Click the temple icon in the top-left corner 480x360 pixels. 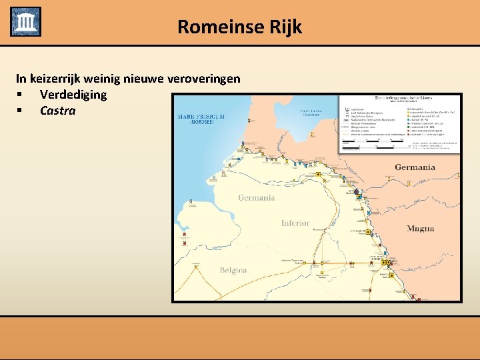[25, 21]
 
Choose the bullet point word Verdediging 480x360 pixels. [73, 95]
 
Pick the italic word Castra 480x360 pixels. [58, 111]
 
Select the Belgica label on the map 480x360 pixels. [233, 270]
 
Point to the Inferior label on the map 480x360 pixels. [295, 223]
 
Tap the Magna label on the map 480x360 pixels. [421, 229]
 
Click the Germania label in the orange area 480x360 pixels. [415, 167]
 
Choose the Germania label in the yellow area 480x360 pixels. [257, 197]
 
